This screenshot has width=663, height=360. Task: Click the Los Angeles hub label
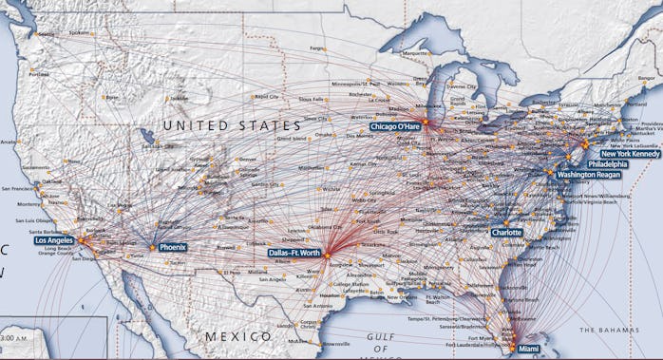pyautogui.click(x=54, y=240)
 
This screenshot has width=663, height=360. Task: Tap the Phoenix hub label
pyautogui.click(x=173, y=247)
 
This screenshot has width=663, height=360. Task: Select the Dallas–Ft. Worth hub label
pyautogui.click(x=294, y=254)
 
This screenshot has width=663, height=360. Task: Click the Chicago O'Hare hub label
pyautogui.click(x=395, y=126)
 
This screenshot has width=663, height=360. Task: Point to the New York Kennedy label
pyautogui.click(x=630, y=153)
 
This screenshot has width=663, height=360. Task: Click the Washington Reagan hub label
pyautogui.click(x=590, y=176)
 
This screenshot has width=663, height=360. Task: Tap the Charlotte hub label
pyautogui.click(x=506, y=232)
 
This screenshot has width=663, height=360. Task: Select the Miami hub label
pyautogui.click(x=528, y=349)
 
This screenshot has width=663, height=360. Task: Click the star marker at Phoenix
pyautogui.click(x=152, y=247)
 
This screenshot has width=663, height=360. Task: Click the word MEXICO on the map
pyautogui.click(x=238, y=337)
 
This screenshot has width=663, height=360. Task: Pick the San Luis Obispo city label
pyautogui.click(x=40, y=219)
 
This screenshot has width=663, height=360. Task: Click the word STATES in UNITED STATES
pyautogui.click(x=272, y=124)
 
